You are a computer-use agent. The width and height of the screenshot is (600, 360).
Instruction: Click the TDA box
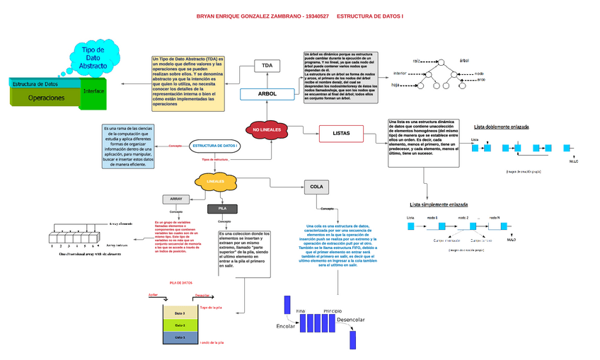click(267, 66)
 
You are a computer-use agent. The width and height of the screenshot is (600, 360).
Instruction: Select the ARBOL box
click(268, 94)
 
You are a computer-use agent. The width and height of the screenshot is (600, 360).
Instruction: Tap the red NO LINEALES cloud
click(267, 130)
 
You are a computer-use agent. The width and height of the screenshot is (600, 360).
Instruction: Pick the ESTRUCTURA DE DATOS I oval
click(216, 145)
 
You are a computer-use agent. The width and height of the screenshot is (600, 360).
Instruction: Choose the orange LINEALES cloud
click(215, 182)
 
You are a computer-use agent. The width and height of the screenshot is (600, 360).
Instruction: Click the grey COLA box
click(316, 187)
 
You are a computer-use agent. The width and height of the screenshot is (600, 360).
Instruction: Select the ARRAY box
click(176, 199)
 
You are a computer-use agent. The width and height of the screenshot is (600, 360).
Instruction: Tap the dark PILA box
click(221, 209)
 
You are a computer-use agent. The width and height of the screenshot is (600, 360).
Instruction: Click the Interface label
click(94, 92)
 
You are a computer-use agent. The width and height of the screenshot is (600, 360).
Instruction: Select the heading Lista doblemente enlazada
click(501, 127)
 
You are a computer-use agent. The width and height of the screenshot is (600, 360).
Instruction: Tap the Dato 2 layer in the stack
click(180, 325)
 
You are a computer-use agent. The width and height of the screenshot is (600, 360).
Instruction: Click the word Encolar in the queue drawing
click(286, 326)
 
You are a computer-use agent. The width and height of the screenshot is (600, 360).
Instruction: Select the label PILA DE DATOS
click(180, 283)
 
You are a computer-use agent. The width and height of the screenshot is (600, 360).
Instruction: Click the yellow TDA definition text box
click(187, 83)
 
